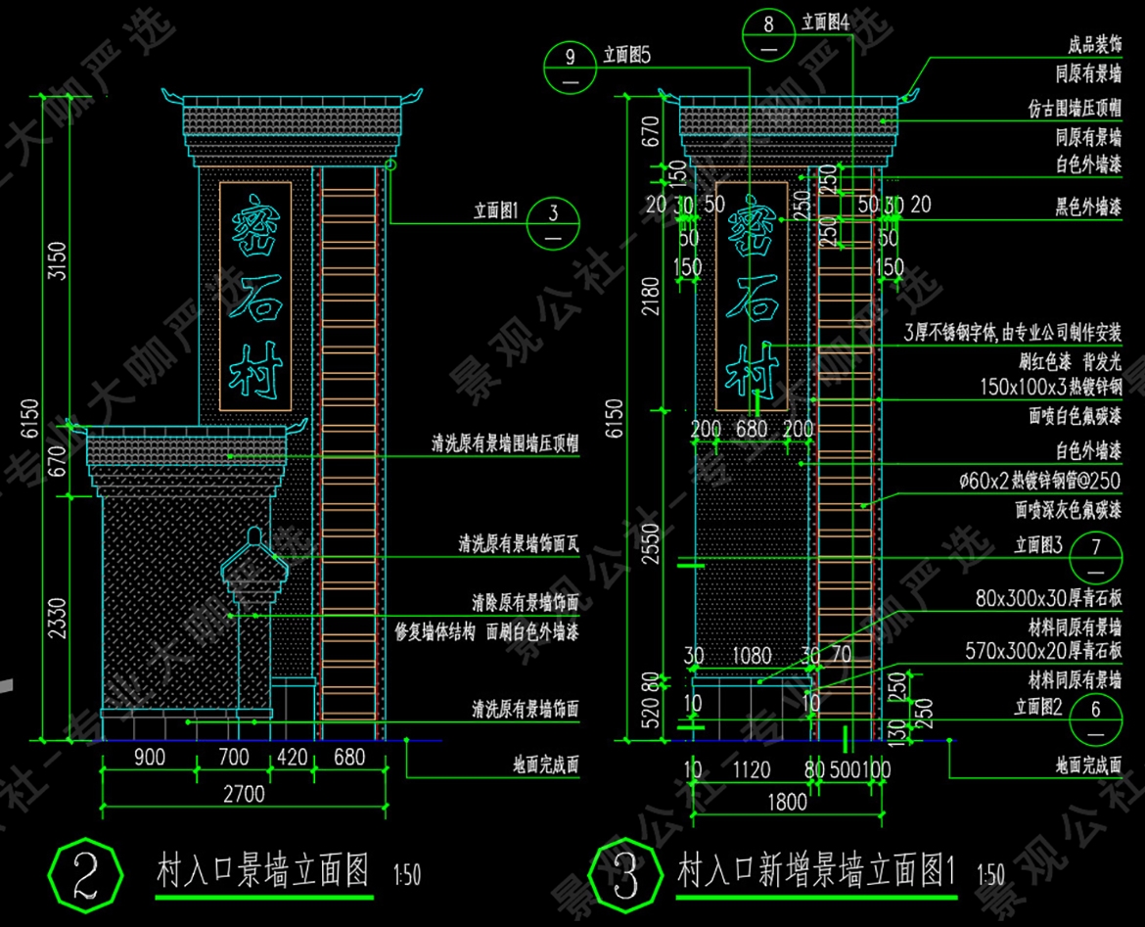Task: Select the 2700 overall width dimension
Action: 242,794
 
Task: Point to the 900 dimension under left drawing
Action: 149,757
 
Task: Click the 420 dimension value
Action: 292,757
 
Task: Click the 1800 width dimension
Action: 786,803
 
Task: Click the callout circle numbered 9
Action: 572,67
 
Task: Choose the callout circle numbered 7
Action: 1096,555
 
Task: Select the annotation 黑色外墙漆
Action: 1087,208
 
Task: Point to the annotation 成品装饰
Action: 1094,46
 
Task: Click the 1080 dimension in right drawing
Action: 752,656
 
